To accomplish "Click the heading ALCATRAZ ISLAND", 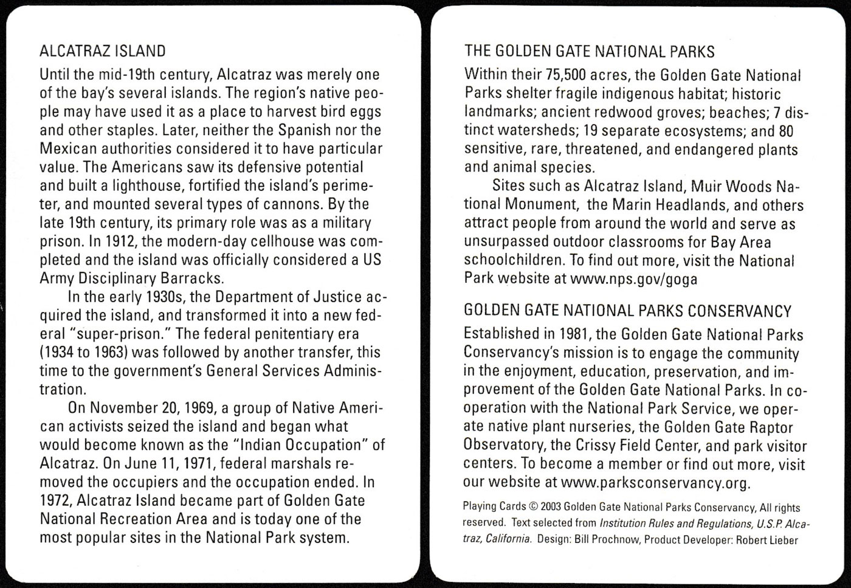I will tap(102, 52).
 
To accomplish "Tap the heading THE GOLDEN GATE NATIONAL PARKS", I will tap(589, 52).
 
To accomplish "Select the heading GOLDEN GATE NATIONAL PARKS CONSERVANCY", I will tap(627, 311).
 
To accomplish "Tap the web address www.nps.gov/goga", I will tap(634, 279).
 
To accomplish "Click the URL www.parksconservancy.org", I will tap(656, 483).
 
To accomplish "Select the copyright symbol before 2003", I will tap(534, 507).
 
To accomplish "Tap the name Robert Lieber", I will tap(767, 540).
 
